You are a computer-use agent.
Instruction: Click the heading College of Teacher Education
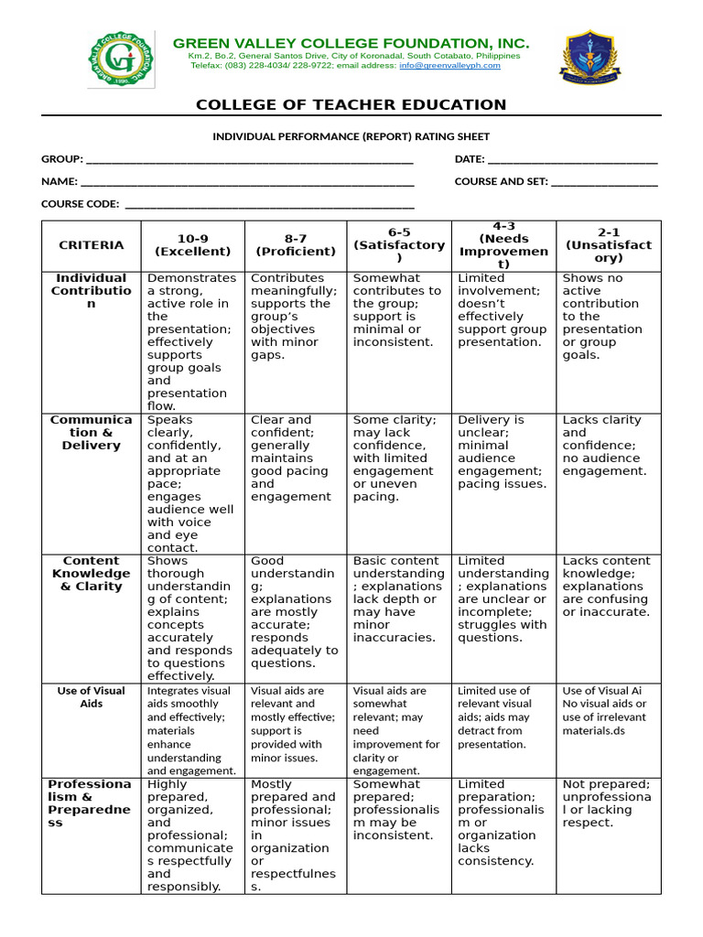point(351,105)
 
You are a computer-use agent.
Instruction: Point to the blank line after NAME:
point(247,182)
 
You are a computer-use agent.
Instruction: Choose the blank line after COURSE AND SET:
point(604,182)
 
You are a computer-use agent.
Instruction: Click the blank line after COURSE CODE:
point(269,204)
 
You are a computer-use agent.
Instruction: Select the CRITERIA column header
point(91,245)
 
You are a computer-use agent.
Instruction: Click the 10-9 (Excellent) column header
point(193,245)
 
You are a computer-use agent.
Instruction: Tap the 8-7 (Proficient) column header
point(296,245)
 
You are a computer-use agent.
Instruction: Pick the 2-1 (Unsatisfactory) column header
point(609,245)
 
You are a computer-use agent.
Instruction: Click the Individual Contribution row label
point(91,291)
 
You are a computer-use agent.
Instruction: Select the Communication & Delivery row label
point(91,433)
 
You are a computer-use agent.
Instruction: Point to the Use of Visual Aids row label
point(91,697)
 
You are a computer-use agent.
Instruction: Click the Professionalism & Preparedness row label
point(91,803)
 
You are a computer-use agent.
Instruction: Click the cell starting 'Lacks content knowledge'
point(607,587)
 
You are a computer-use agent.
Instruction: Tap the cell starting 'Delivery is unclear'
point(503,452)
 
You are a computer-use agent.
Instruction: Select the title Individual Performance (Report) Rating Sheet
point(351,136)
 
